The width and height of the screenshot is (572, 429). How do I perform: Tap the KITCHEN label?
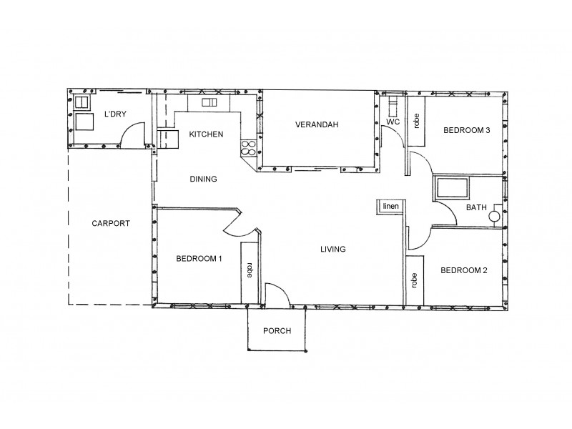206,134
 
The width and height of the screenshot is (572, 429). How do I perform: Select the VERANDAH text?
317,124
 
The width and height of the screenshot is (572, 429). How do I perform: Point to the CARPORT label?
111,223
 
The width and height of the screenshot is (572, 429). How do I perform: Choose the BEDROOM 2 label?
463,270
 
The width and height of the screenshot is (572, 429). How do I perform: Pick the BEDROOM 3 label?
466,130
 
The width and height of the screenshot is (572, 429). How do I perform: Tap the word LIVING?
332,250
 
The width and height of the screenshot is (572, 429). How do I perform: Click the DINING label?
203,179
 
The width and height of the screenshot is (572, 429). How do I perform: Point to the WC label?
393,122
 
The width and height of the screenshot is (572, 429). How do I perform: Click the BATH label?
476,208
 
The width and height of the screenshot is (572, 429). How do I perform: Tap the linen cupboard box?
390,207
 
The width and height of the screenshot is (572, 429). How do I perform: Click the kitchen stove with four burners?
248,148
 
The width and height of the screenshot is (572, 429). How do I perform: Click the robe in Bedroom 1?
249,271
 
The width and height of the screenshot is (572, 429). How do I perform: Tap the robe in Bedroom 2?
415,280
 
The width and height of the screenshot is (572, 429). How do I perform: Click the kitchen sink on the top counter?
209,103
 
